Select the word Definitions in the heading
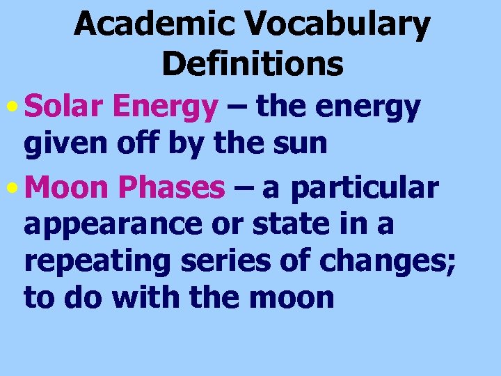253,64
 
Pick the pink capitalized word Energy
165,109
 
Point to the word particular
365,188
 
